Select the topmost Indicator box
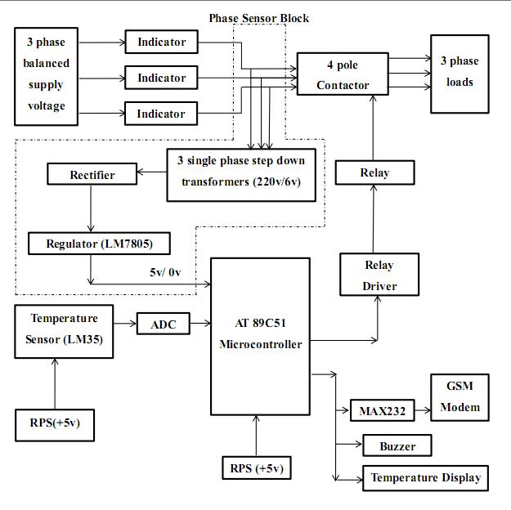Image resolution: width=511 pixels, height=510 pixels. (x=161, y=42)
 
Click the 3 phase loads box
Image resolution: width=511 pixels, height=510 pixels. (x=459, y=73)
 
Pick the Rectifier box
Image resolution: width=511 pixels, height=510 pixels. (x=92, y=175)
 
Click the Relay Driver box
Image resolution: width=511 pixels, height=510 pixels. (x=379, y=275)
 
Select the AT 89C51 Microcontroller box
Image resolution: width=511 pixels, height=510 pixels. (x=260, y=333)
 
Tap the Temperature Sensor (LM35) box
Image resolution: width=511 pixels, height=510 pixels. (x=64, y=329)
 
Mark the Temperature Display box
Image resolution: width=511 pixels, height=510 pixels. (x=425, y=478)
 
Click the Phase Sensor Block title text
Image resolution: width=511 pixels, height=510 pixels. (x=259, y=17)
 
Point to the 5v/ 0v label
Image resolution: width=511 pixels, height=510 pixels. (x=168, y=272)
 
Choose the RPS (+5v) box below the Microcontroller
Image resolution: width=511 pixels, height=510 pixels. (x=256, y=468)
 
